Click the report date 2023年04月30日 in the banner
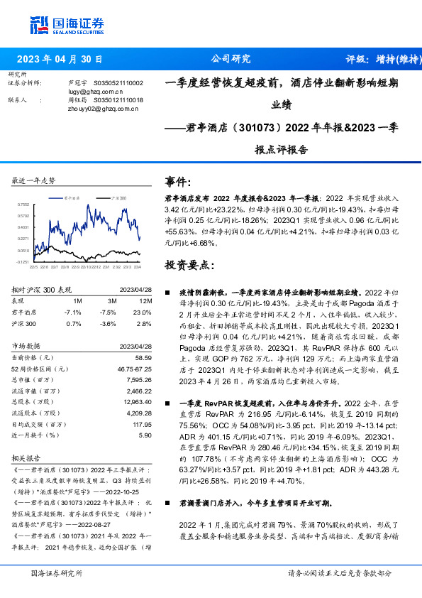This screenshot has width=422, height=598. point(60,60)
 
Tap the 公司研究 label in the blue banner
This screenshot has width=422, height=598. point(231,60)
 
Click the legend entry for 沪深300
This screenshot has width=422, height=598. point(118,197)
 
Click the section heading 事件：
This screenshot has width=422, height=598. point(178,181)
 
